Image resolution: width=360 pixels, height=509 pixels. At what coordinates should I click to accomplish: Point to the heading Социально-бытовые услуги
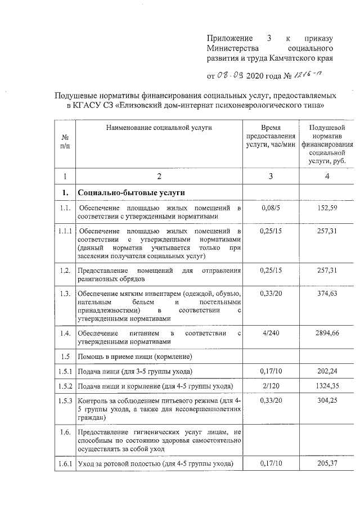(x=132, y=193)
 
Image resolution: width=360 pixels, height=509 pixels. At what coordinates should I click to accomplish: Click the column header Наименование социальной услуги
(x=159, y=128)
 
